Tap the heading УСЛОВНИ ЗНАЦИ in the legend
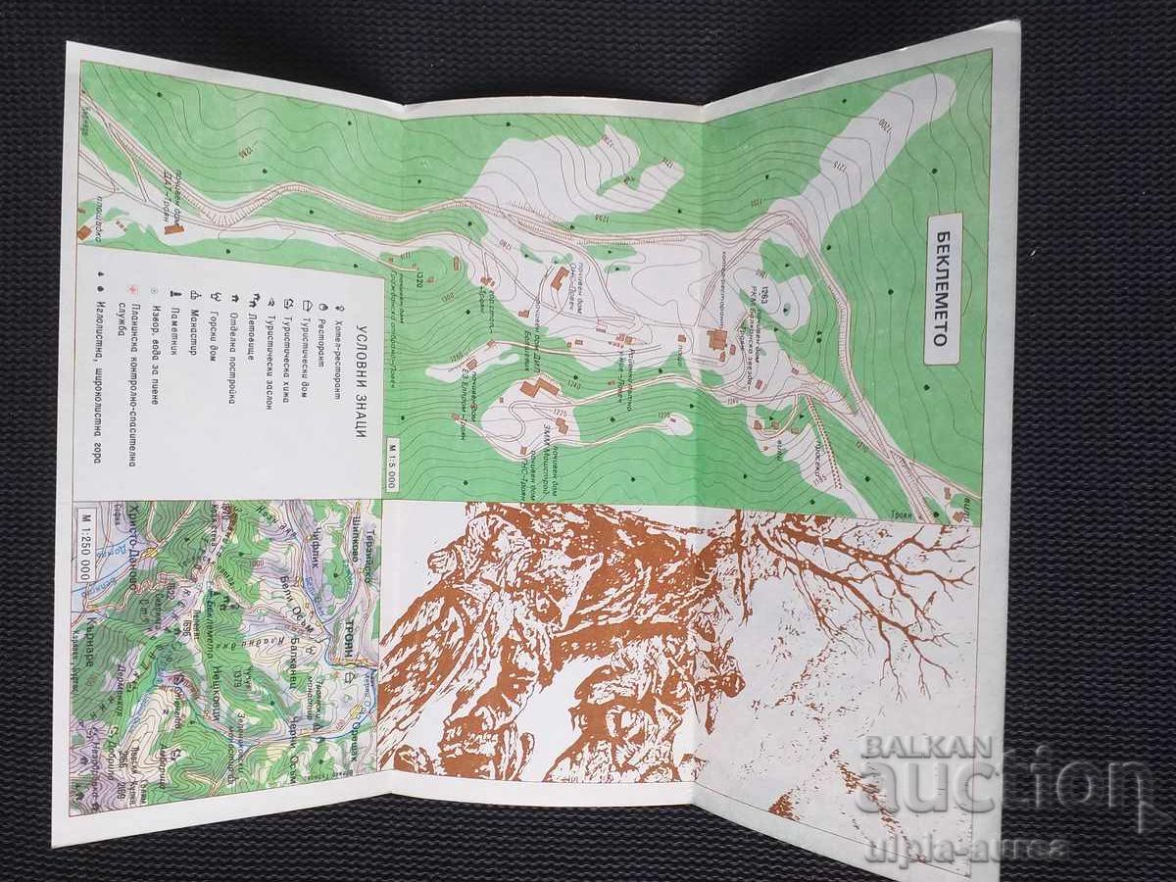coord(362,382)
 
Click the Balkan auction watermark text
coord(990,774)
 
